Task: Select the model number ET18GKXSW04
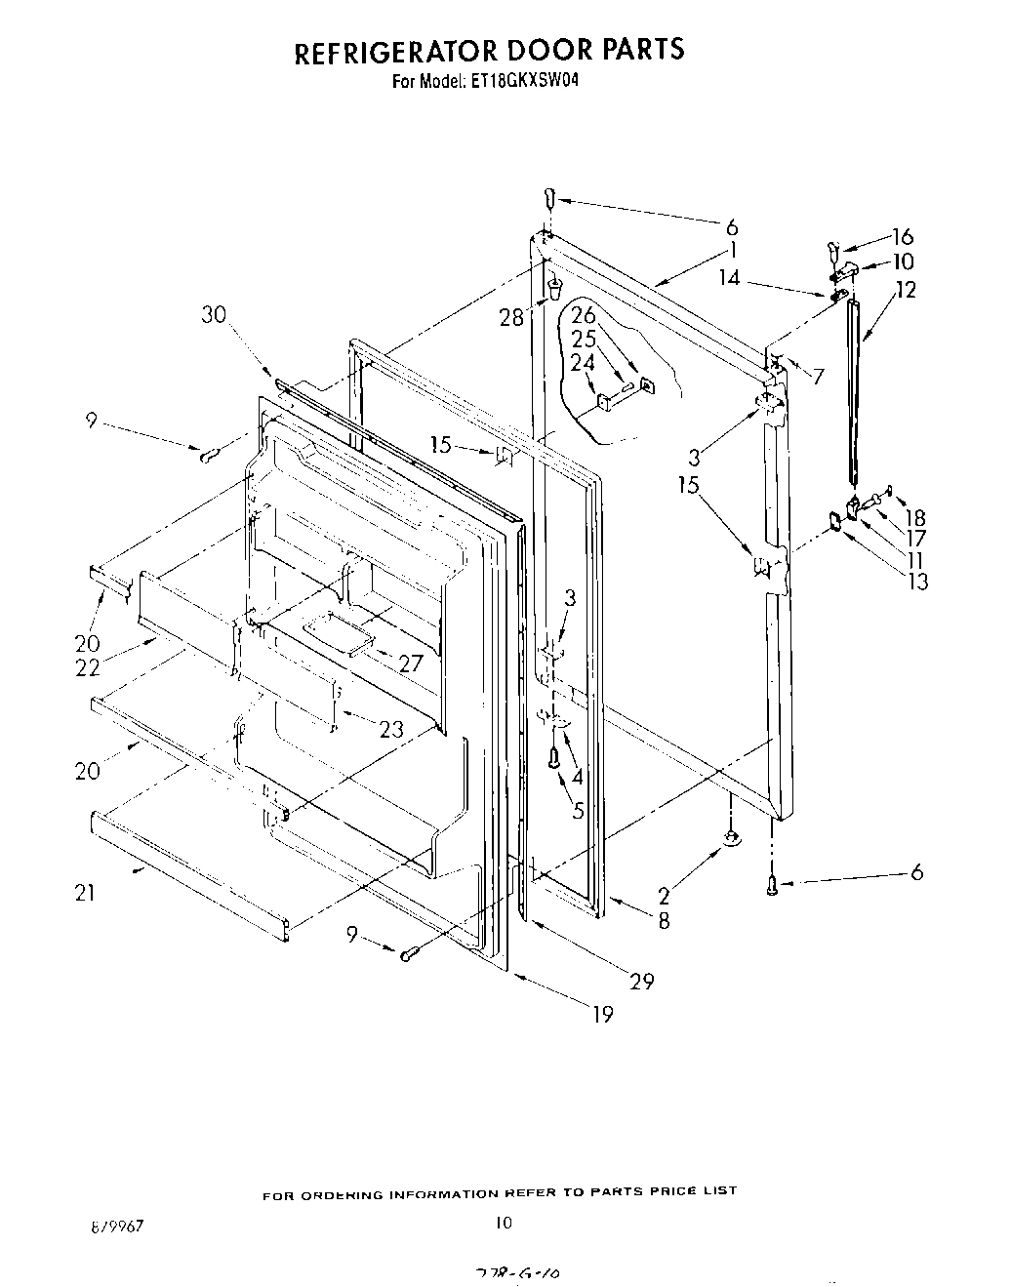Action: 527,83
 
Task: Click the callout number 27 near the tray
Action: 411,664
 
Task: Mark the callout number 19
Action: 602,1015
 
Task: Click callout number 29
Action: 641,981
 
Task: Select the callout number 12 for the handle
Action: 906,289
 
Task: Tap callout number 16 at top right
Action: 903,236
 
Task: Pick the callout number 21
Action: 86,892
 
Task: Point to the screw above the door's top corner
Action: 550,198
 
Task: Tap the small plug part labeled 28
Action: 554,288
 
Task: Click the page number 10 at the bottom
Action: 504,1222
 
